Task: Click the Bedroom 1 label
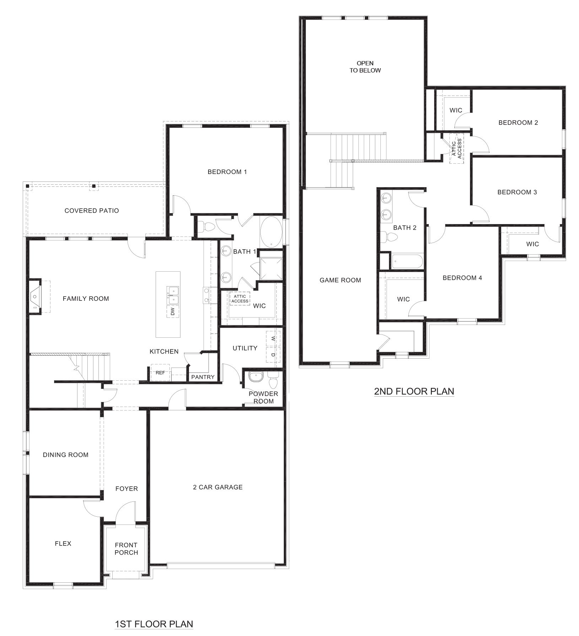tap(227, 172)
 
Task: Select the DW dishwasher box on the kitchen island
tap(173, 311)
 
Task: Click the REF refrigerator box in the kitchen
tap(160, 373)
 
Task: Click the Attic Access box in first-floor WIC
tap(240, 299)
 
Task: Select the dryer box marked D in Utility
tap(273, 355)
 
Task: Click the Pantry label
tap(203, 377)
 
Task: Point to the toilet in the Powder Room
tap(274, 381)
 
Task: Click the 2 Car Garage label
tap(218, 487)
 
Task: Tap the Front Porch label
tap(126, 549)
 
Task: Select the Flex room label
tap(63, 543)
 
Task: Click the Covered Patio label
tap(92, 211)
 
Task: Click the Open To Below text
tap(365, 67)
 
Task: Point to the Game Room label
tap(340, 280)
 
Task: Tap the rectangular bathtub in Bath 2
tap(407, 262)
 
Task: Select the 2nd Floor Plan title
tap(414, 391)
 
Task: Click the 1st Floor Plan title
tap(154, 624)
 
